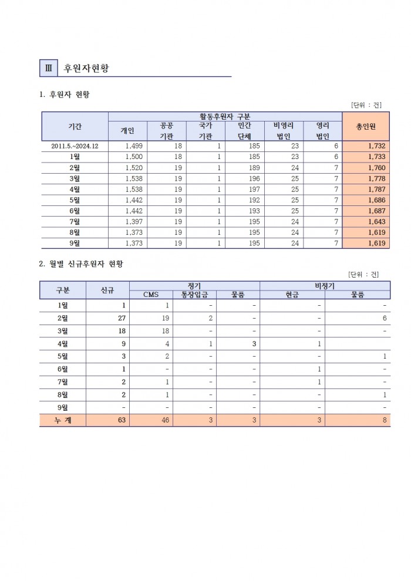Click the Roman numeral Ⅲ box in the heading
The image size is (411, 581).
pos(48,67)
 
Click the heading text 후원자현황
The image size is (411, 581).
pos(86,68)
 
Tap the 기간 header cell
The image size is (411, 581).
pos(75,126)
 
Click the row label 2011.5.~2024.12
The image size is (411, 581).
pos(75,146)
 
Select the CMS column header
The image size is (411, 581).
pos(151,295)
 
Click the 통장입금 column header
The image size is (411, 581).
pos(194,295)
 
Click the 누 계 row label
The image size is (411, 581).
pos(62,420)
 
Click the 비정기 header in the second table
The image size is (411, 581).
pos(325,285)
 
